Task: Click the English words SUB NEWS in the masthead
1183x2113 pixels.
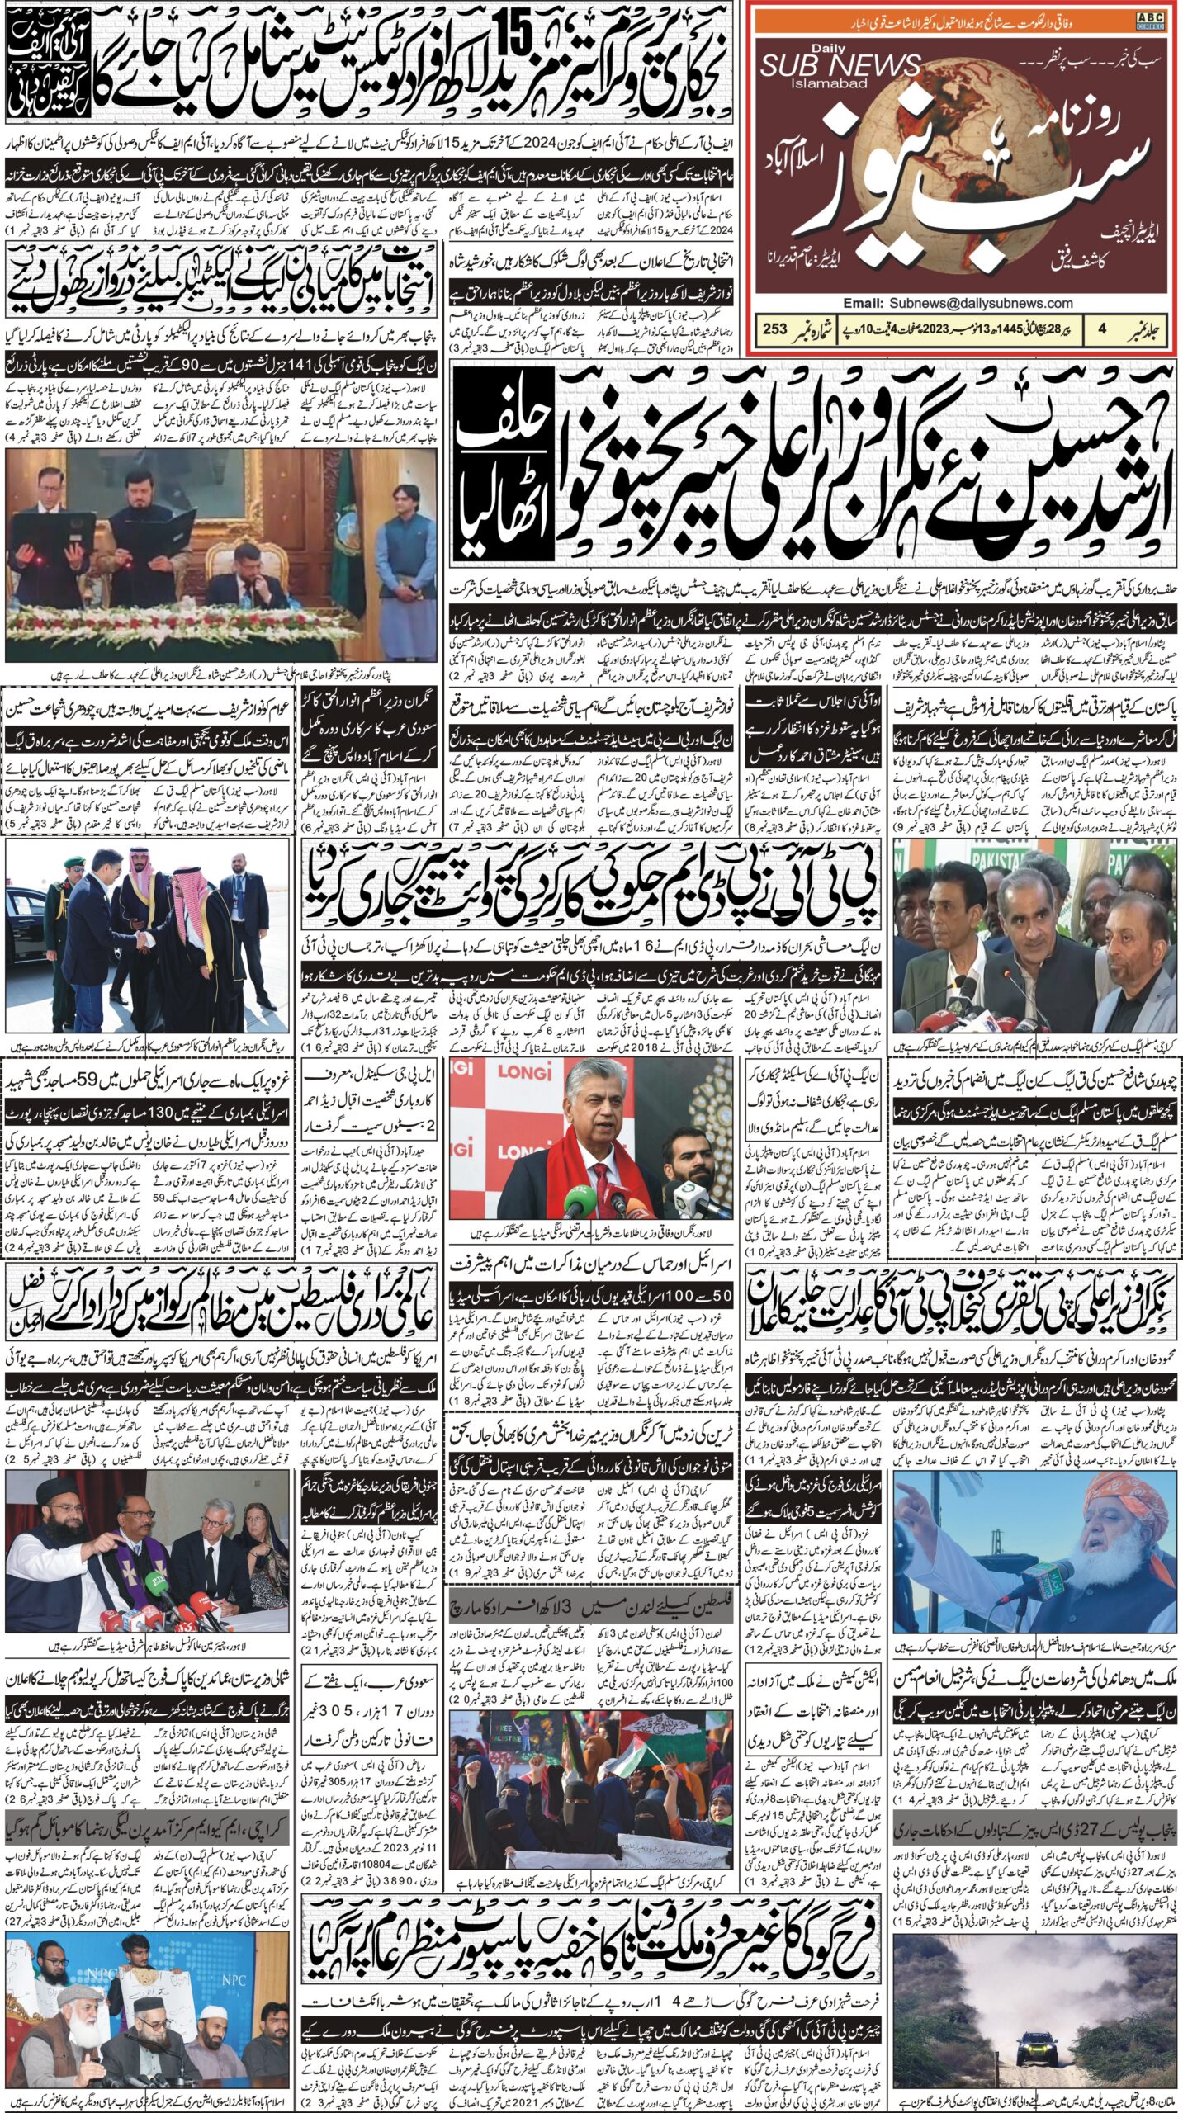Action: click(x=840, y=65)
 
